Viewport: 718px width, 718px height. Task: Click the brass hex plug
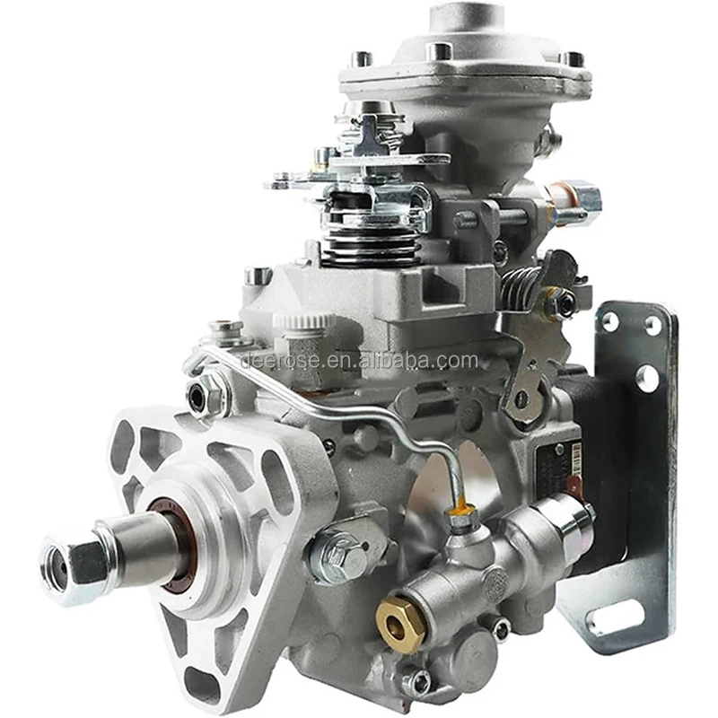(x=400, y=623)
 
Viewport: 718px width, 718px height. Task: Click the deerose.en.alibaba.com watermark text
(x=359, y=361)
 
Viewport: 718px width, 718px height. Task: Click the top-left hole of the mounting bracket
(x=610, y=320)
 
